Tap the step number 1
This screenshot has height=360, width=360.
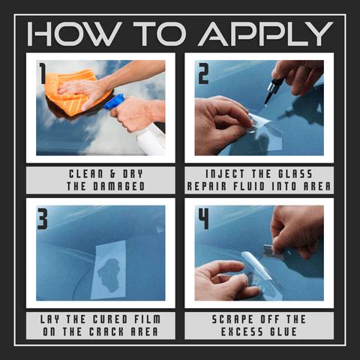tap(42, 73)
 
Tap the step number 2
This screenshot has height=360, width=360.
tap(203, 73)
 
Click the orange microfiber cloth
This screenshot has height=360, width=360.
tap(75, 93)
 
